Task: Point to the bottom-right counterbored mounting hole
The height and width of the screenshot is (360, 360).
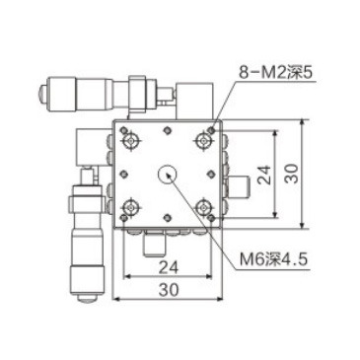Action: click(x=205, y=208)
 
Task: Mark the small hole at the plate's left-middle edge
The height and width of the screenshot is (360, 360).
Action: click(x=122, y=175)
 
